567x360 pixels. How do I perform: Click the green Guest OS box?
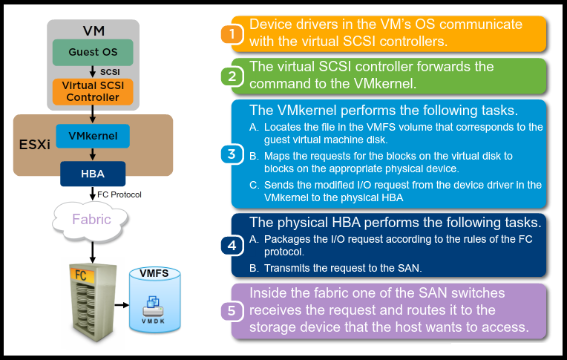coord(93,53)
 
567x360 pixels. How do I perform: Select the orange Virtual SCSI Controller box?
coord(93,92)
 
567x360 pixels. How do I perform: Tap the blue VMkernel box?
coord(93,136)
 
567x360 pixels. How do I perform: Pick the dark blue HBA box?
coord(93,174)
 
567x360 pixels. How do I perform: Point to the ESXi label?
coord(34,145)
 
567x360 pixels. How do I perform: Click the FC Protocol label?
coord(119,194)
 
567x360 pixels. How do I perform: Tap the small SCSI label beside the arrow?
coord(110,72)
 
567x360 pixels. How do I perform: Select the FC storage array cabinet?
coord(93,302)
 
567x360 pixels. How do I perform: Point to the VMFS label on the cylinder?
coord(154,273)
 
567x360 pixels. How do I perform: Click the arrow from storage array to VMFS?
coord(122,305)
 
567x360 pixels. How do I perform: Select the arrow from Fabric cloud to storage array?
coord(93,252)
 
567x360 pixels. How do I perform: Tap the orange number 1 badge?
coord(232,34)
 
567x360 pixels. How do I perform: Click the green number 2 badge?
coord(232,76)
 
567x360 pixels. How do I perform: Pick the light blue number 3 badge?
coord(232,154)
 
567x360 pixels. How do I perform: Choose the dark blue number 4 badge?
coord(232,246)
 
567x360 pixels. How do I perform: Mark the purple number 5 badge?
coord(232,311)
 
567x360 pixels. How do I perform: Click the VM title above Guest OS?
coord(94,30)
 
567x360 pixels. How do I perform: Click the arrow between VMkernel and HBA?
coord(93,154)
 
